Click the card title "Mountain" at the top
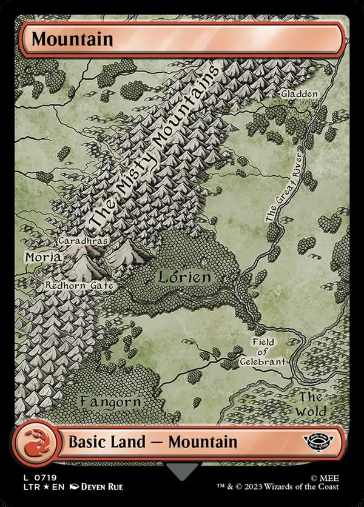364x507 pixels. pos(72,39)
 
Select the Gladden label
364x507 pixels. pos(299,95)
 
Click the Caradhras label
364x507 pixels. pos(83,241)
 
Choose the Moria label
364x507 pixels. pos(42,257)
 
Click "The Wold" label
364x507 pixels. pos(312,404)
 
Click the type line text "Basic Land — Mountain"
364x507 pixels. pos(153,442)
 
